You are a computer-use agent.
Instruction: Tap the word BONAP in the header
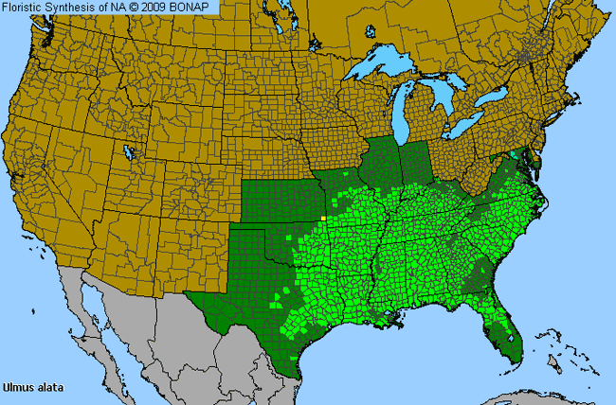196,8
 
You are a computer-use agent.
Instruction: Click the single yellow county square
322,218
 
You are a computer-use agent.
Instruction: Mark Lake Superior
384,70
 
